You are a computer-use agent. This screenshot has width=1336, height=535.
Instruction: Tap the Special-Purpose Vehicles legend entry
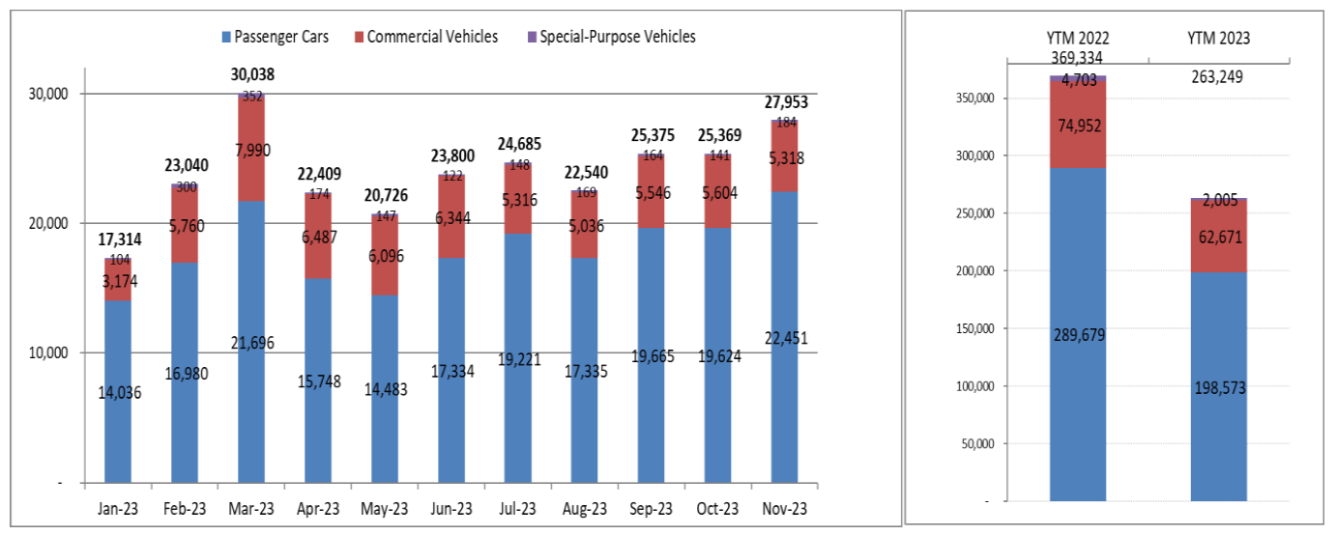click(617, 38)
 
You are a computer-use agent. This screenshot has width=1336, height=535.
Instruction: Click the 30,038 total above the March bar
click(250, 74)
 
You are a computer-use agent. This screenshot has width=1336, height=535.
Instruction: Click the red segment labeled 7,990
click(251, 150)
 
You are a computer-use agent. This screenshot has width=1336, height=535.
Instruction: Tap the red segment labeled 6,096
click(385, 254)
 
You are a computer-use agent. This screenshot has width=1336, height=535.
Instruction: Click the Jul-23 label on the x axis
click(517, 509)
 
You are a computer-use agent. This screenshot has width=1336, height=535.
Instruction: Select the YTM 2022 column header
click(1079, 39)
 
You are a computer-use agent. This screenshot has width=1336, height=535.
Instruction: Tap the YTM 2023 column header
click(1218, 39)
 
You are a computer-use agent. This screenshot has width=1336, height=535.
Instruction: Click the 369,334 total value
click(1079, 57)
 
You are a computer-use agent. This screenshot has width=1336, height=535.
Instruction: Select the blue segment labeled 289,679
click(1079, 334)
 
